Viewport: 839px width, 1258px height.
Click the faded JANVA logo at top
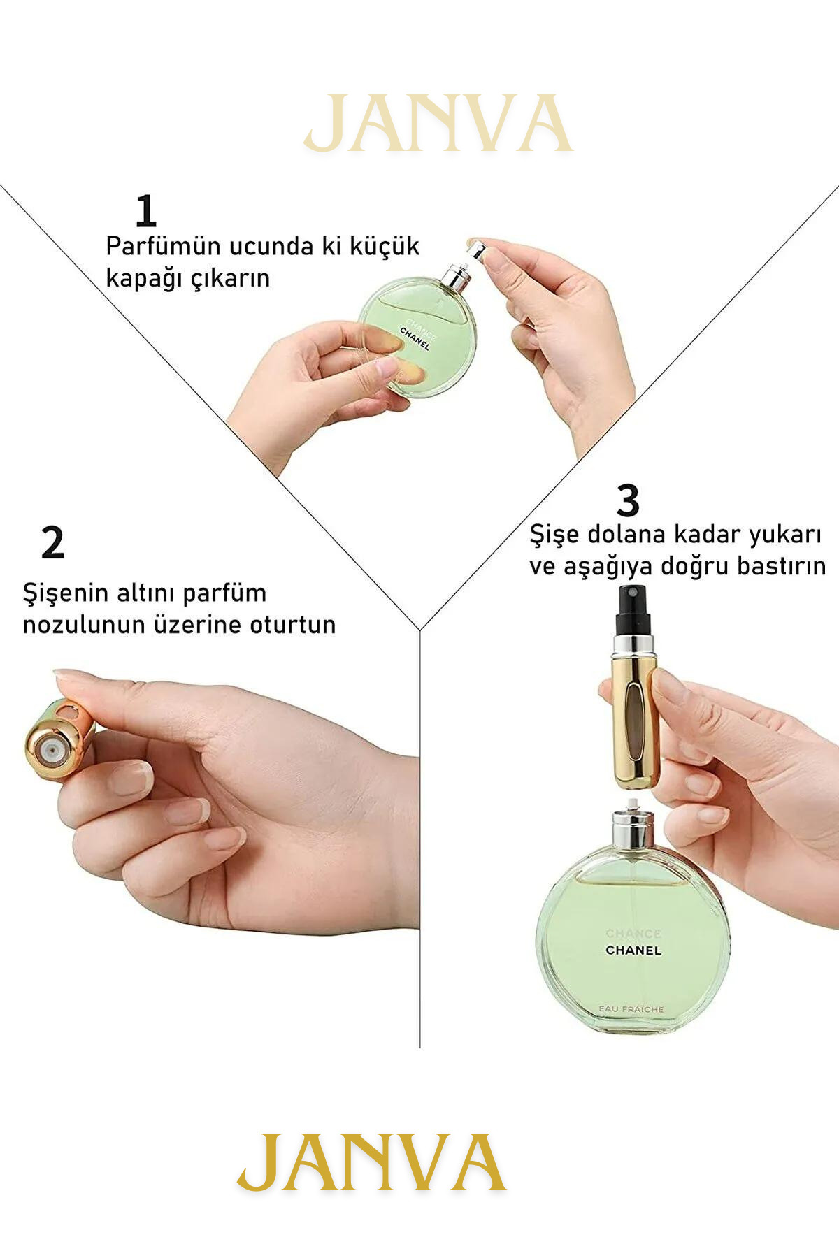[438, 124]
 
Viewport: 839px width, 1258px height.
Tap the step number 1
[145, 211]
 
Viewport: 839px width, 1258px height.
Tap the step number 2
[53, 542]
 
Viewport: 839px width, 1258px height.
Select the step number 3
[628, 500]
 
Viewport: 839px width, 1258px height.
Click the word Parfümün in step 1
[160, 247]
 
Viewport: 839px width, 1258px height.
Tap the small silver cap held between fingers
[477, 250]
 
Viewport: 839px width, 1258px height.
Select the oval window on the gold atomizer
[633, 720]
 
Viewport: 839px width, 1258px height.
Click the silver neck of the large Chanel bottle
[633, 828]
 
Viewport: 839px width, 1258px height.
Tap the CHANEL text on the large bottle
[633, 950]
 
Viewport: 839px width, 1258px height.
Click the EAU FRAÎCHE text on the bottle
[631, 1009]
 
